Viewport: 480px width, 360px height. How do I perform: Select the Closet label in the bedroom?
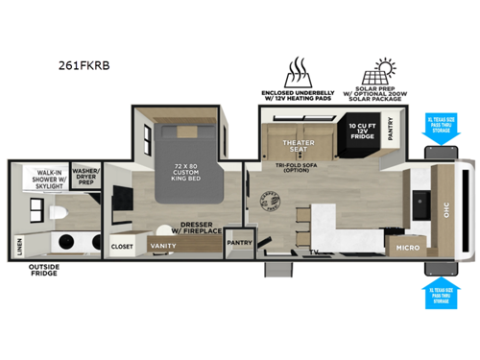pos(122,246)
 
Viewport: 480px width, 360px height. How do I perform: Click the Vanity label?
pos(163,246)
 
